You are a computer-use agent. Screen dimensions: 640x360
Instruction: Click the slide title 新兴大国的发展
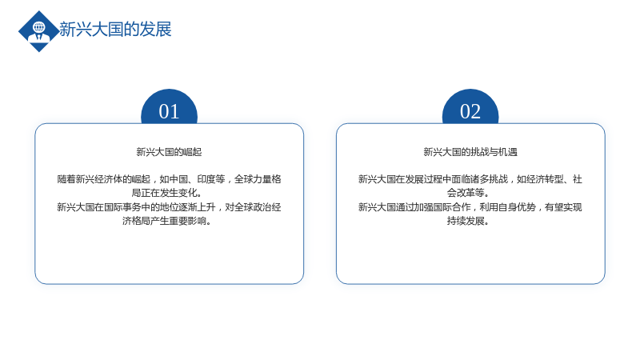click(115, 30)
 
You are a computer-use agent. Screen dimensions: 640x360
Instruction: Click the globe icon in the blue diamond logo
click(39, 27)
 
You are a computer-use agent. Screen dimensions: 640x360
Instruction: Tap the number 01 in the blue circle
click(169, 111)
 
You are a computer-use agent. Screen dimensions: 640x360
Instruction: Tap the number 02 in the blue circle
click(470, 111)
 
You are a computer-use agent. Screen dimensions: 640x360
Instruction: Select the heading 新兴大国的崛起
click(169, 152)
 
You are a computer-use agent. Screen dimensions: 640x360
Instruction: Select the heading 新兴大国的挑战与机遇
click(470, 152)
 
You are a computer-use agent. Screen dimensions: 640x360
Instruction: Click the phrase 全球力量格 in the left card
click(258, 179)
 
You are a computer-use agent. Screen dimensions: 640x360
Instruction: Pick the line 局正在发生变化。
click(166, 193)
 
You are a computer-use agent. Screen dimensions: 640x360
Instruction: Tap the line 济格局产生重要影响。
click(166, 222)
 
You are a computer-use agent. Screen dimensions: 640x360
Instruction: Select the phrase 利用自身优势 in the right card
click(507, 207)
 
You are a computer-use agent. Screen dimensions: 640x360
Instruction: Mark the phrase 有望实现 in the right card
click(564, 207)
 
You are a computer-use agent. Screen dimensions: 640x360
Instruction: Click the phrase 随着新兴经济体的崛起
click(104, 179)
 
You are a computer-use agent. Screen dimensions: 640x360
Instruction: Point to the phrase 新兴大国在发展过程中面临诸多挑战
click(433, 179)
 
